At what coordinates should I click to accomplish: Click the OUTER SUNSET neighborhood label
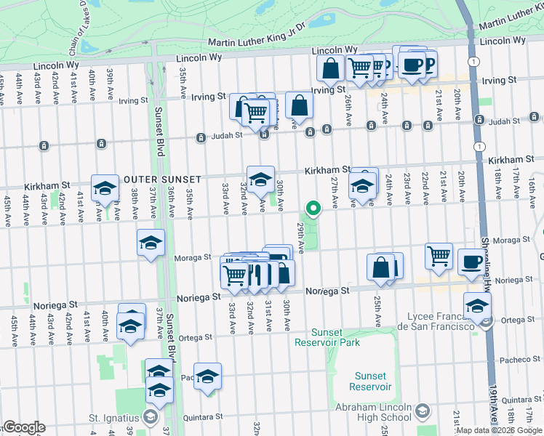click(157, 179)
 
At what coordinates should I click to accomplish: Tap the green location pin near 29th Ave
click(314, 209)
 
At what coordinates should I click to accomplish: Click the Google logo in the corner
click(24, 427)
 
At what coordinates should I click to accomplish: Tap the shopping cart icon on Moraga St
click(439, 255)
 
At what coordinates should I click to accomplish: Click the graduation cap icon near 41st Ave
click(105, 188)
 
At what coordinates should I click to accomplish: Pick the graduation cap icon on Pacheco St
click(207, 376)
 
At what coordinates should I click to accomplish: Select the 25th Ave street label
click(377, 310)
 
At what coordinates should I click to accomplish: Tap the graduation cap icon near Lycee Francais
click(477, 305)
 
